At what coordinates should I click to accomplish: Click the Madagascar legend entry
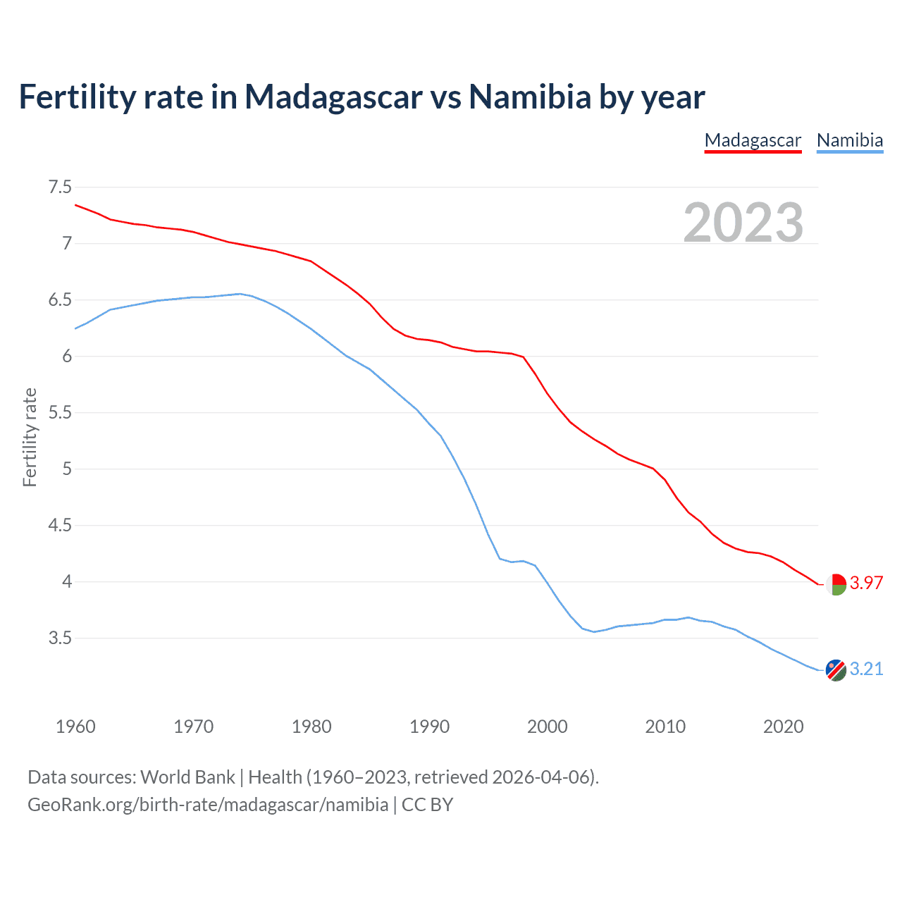pos(753,140)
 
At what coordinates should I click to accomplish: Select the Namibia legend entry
pos(849,140)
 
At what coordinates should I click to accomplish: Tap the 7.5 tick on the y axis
pos(60,187)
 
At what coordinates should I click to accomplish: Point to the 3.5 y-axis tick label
pos(60,638)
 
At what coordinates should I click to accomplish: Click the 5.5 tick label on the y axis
pos(60,412)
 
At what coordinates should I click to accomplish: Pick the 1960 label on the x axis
pos(75,727)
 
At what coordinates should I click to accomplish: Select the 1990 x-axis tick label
pos(429,727)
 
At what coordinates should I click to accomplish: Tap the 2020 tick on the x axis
pos(783,727)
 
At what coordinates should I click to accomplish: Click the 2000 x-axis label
pos(547,727)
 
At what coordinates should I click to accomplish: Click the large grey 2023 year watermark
pos(743,223)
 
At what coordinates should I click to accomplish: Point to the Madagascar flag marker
pos(835,584)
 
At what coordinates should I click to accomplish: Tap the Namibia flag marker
pos(835,670)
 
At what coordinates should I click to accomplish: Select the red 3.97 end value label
pos(866,583)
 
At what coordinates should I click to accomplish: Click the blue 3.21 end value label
pos(866,669)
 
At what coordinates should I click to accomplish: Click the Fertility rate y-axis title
pos(30,437)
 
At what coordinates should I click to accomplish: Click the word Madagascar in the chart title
pos(334,97)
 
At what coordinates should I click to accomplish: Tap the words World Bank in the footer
pos(187,777)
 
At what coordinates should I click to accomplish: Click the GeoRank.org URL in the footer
pos(208,805)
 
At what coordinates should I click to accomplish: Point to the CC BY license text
pos(427,805)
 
